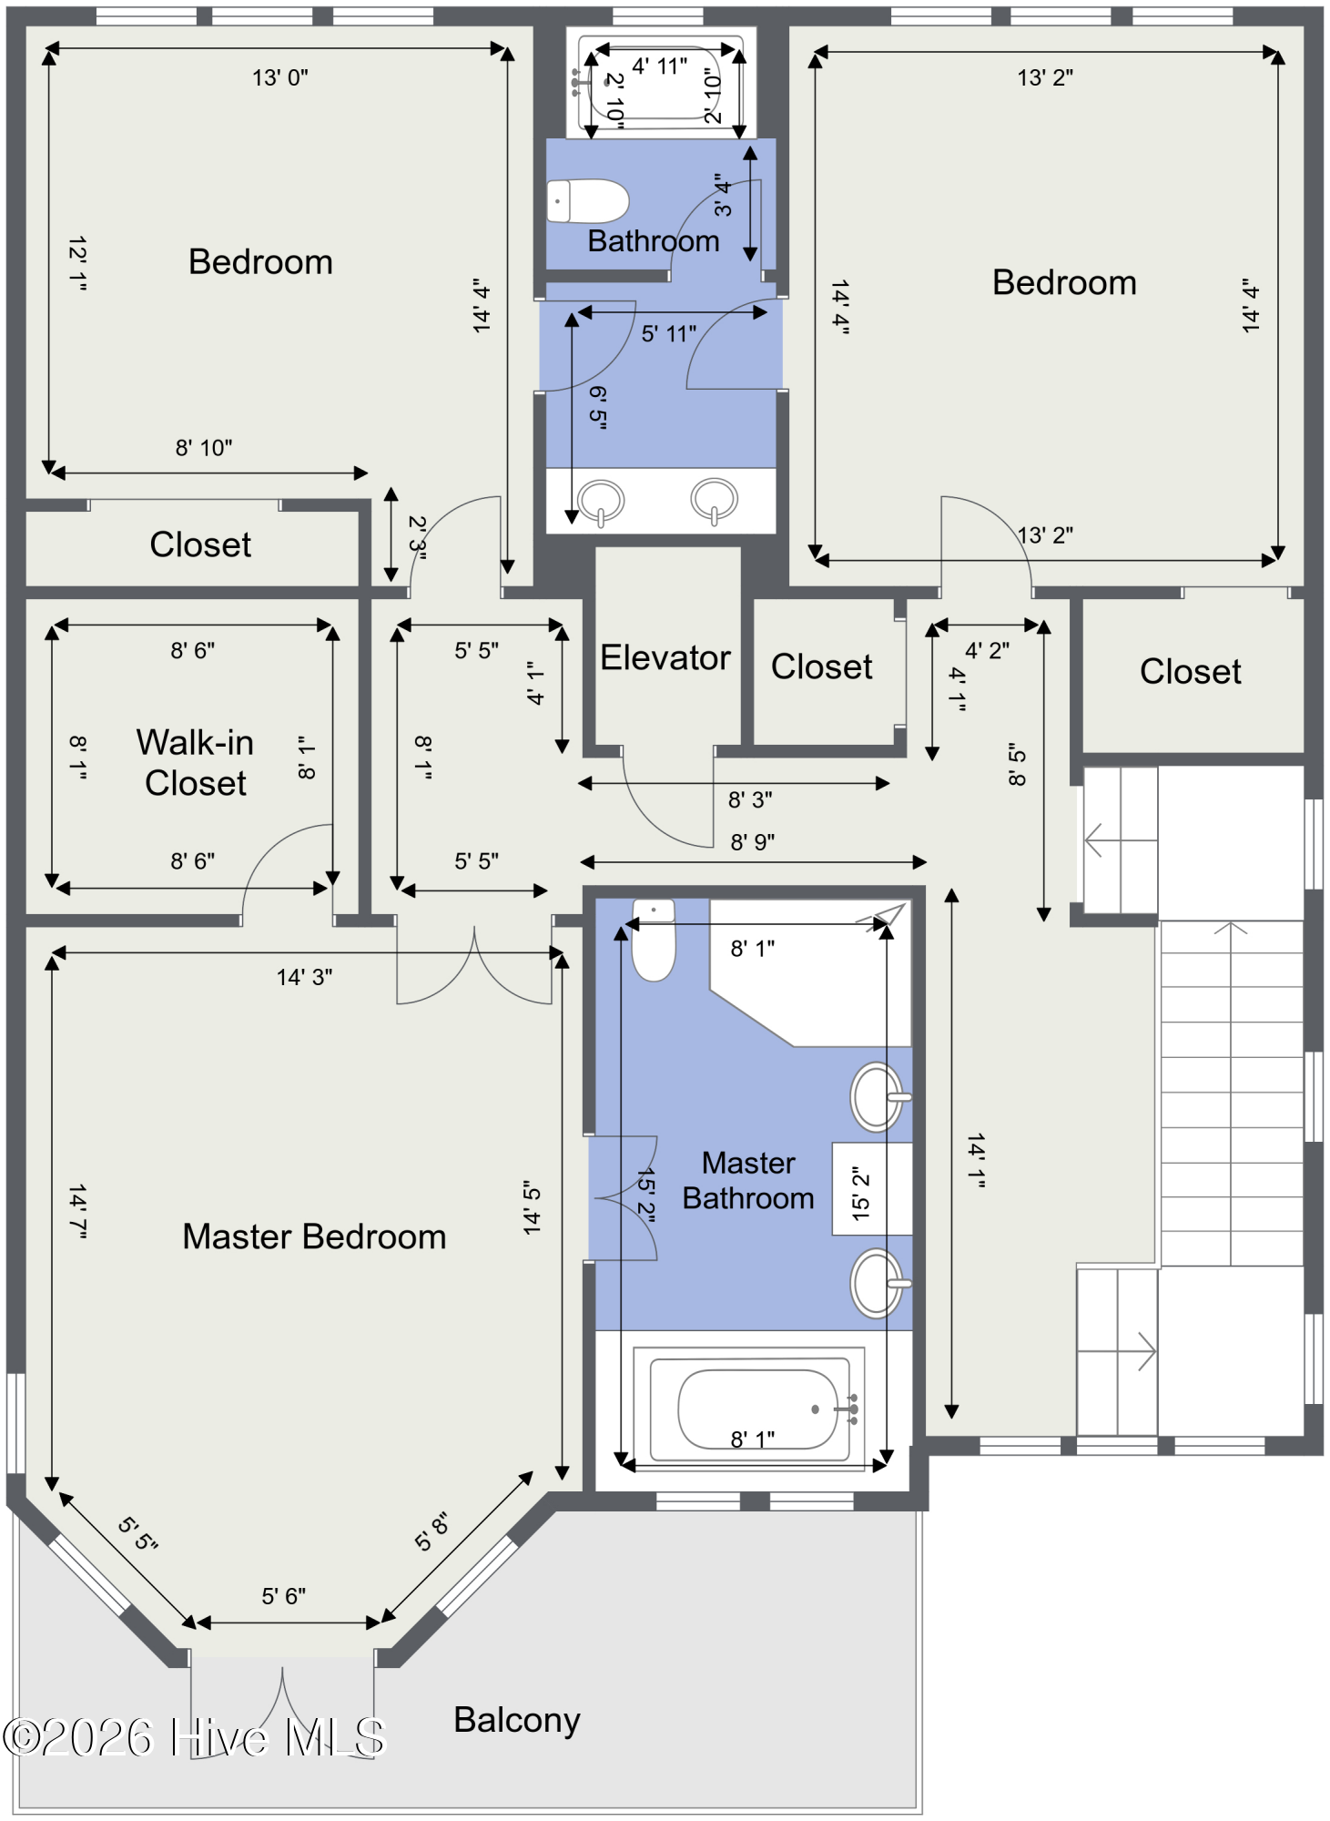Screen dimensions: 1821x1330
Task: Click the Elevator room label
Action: (665, 657)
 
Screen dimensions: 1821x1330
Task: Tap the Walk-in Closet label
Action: (195, 762)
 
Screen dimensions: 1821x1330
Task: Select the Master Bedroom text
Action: (314, 1236)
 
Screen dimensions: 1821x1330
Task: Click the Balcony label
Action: (516, 1720)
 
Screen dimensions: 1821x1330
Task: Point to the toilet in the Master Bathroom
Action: (654, 942)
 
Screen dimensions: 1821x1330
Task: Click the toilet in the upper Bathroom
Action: (587, 201)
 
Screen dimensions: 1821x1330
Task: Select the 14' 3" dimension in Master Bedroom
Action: (304, 977)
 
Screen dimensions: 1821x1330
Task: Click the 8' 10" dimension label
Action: (203, 448)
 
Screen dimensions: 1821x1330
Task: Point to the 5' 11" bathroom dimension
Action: (668, 334)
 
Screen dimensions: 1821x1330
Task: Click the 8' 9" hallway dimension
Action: (752, 842)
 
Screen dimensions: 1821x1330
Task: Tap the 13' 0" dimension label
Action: (279, 78)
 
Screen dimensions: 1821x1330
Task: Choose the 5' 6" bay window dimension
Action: (283, 1596)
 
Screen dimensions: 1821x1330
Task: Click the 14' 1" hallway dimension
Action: (976, 1160)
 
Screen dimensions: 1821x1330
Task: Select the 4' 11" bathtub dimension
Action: (659, 66)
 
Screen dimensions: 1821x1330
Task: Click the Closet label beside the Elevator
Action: (821, 666)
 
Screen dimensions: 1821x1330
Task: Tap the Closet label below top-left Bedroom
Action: (200, 544)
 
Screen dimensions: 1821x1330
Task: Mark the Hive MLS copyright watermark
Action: (195, 1737)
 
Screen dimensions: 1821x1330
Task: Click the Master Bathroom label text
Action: (748, 1180)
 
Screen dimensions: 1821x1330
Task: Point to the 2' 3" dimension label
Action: (417, 537)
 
